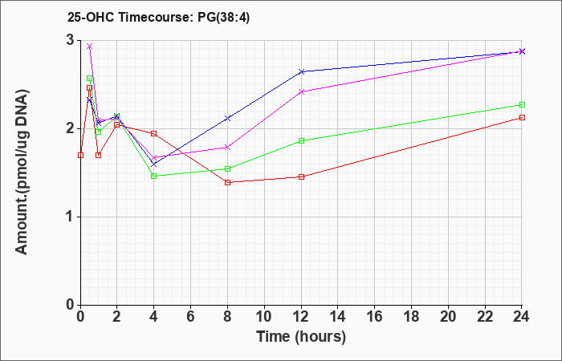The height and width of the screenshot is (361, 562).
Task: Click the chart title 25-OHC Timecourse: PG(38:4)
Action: (158, 18)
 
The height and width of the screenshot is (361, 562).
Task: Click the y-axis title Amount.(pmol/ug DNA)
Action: (22, 172)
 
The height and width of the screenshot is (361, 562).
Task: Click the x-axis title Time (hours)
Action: (301, 337)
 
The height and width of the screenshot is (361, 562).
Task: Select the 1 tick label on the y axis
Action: (71, 217)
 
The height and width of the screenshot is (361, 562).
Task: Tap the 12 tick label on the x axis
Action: (301, 317)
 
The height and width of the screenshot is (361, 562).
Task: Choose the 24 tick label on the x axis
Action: (522, 317)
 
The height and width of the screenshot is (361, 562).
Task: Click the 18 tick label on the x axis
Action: (411, 317)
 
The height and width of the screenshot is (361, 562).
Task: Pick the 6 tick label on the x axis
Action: (191, 317)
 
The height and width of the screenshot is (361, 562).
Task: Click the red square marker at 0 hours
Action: (80, 155)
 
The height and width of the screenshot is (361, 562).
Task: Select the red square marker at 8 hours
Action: (227, 183)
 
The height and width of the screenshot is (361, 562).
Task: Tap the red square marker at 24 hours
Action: (522, 117)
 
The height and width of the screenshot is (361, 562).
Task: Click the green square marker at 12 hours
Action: (301, 140)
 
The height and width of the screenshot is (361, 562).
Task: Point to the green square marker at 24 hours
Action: (522, 104)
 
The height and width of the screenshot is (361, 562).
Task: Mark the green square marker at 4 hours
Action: (154, 176)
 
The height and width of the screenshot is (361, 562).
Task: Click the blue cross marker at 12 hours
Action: (301, 71)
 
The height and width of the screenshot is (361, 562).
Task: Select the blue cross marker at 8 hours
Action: (227, 118)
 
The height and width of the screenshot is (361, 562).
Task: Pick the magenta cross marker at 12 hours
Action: (301, 91)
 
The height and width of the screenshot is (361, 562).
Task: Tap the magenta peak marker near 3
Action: (90, 47)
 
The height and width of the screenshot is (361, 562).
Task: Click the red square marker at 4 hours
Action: (154, 134)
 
